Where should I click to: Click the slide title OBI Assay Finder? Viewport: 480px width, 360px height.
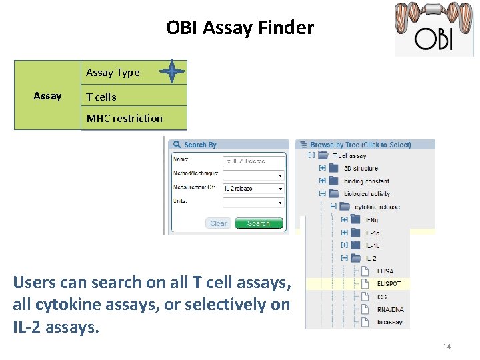239,28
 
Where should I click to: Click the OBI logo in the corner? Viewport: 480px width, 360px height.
433,29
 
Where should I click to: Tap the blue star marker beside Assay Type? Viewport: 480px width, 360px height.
172,71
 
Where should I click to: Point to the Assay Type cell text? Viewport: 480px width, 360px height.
113,73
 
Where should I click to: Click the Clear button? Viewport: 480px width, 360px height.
218,223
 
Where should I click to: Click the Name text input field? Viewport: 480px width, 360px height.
253,161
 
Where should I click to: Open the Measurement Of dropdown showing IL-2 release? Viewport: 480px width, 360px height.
253,189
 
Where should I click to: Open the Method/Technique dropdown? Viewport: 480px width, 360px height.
253,175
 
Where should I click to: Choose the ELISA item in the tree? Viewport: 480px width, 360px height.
385,271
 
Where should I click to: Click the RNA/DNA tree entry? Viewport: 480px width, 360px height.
389,309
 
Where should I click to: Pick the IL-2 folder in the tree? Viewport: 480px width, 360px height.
372,258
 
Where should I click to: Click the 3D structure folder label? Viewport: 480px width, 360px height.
361,169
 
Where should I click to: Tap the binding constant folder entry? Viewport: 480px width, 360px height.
366,181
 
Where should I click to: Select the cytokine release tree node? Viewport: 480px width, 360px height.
377,207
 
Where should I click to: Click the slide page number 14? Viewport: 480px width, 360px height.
447,347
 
